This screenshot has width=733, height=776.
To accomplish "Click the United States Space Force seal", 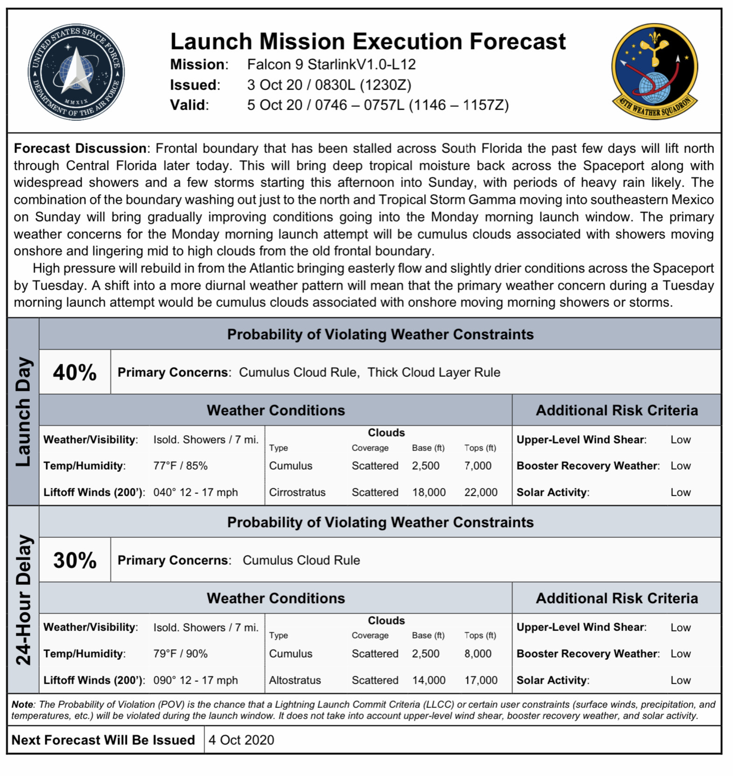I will click(x=76, y=72).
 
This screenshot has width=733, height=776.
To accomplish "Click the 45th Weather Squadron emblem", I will click(x=655, y=72).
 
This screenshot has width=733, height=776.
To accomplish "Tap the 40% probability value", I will click(x=75, y=373).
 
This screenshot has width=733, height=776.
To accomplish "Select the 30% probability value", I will click(x=75, y=560).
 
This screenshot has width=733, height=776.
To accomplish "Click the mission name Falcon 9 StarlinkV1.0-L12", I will click(x=331, y=64).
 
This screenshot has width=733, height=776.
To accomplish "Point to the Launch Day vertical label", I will click(x=23, y=412).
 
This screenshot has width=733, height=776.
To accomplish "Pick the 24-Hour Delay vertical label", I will click(x=23, y=600).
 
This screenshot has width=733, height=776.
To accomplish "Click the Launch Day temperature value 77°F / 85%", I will click(x=180, y=466).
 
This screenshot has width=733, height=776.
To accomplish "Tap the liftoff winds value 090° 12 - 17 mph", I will click(x=195, y=680).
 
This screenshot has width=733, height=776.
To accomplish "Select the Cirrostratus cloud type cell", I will click(x=297, y=492).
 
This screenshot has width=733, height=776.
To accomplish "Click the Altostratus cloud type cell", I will click(x=295, y=680).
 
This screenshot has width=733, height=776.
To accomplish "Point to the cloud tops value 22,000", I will click(x=481, y=492).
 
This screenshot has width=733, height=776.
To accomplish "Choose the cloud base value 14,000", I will click(x=428, y=680).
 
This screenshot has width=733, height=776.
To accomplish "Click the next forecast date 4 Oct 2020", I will click(x=241, y=740).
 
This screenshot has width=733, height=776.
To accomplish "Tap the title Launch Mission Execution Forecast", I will click(x=368, y=41).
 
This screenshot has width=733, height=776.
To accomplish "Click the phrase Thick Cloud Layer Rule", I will click(x=433, y=373).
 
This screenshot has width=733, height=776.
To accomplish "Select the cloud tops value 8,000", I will click(x=478, y=654).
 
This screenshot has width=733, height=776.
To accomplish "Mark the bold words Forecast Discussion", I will click(x=80, y=148).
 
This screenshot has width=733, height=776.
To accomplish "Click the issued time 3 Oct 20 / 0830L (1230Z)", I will click(x=329, y=85).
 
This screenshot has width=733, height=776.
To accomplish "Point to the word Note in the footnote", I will click(x=22, y=705).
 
